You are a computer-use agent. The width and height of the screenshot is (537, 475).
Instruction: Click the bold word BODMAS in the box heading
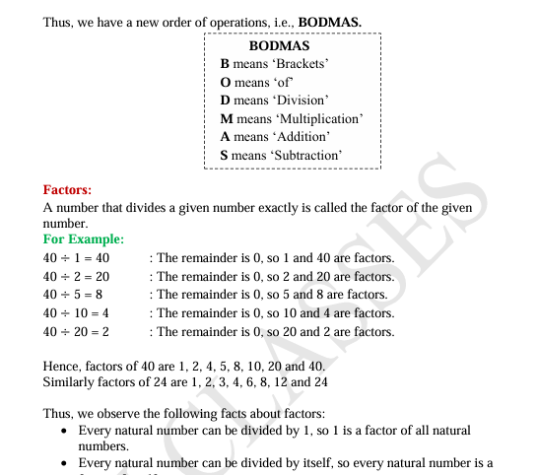279,46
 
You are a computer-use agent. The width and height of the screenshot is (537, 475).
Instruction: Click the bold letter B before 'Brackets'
225,64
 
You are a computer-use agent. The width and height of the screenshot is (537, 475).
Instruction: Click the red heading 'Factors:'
67,189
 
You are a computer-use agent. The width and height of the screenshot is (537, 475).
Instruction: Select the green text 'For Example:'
84,239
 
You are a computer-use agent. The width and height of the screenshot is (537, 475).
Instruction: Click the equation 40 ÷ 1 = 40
76,258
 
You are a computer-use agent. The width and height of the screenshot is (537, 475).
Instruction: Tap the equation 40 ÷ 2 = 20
76,277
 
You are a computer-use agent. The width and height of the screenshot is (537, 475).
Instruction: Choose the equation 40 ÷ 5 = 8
73,295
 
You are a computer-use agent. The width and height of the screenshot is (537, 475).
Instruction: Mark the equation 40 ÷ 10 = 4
76,313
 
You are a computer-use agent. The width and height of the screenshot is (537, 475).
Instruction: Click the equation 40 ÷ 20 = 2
76,332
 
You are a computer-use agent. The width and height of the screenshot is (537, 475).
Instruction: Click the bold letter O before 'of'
226,83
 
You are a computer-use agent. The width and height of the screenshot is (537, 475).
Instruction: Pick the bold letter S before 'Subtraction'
225,156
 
